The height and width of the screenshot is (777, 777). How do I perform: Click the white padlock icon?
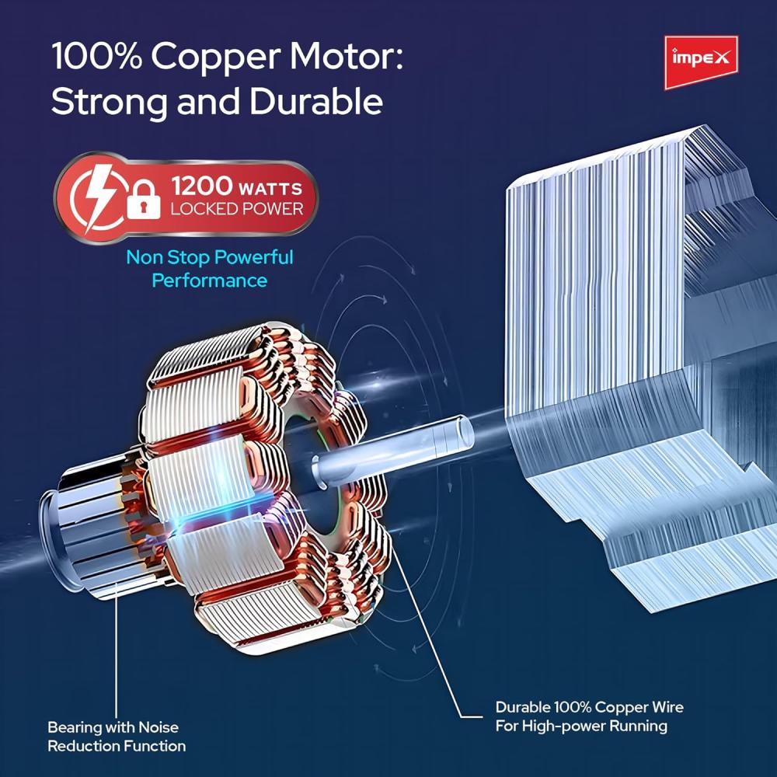point(143,199)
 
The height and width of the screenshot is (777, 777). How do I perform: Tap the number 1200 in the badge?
point(201,187)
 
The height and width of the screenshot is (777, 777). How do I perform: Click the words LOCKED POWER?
point(236,208)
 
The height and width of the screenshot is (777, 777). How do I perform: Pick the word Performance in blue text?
point(209,280)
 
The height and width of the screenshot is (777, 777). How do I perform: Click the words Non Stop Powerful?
point(209,257)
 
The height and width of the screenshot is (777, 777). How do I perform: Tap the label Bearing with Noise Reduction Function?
point(117,737)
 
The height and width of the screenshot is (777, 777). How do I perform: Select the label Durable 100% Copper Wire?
point(589,707)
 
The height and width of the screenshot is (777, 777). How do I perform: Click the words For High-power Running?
point(581,726)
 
